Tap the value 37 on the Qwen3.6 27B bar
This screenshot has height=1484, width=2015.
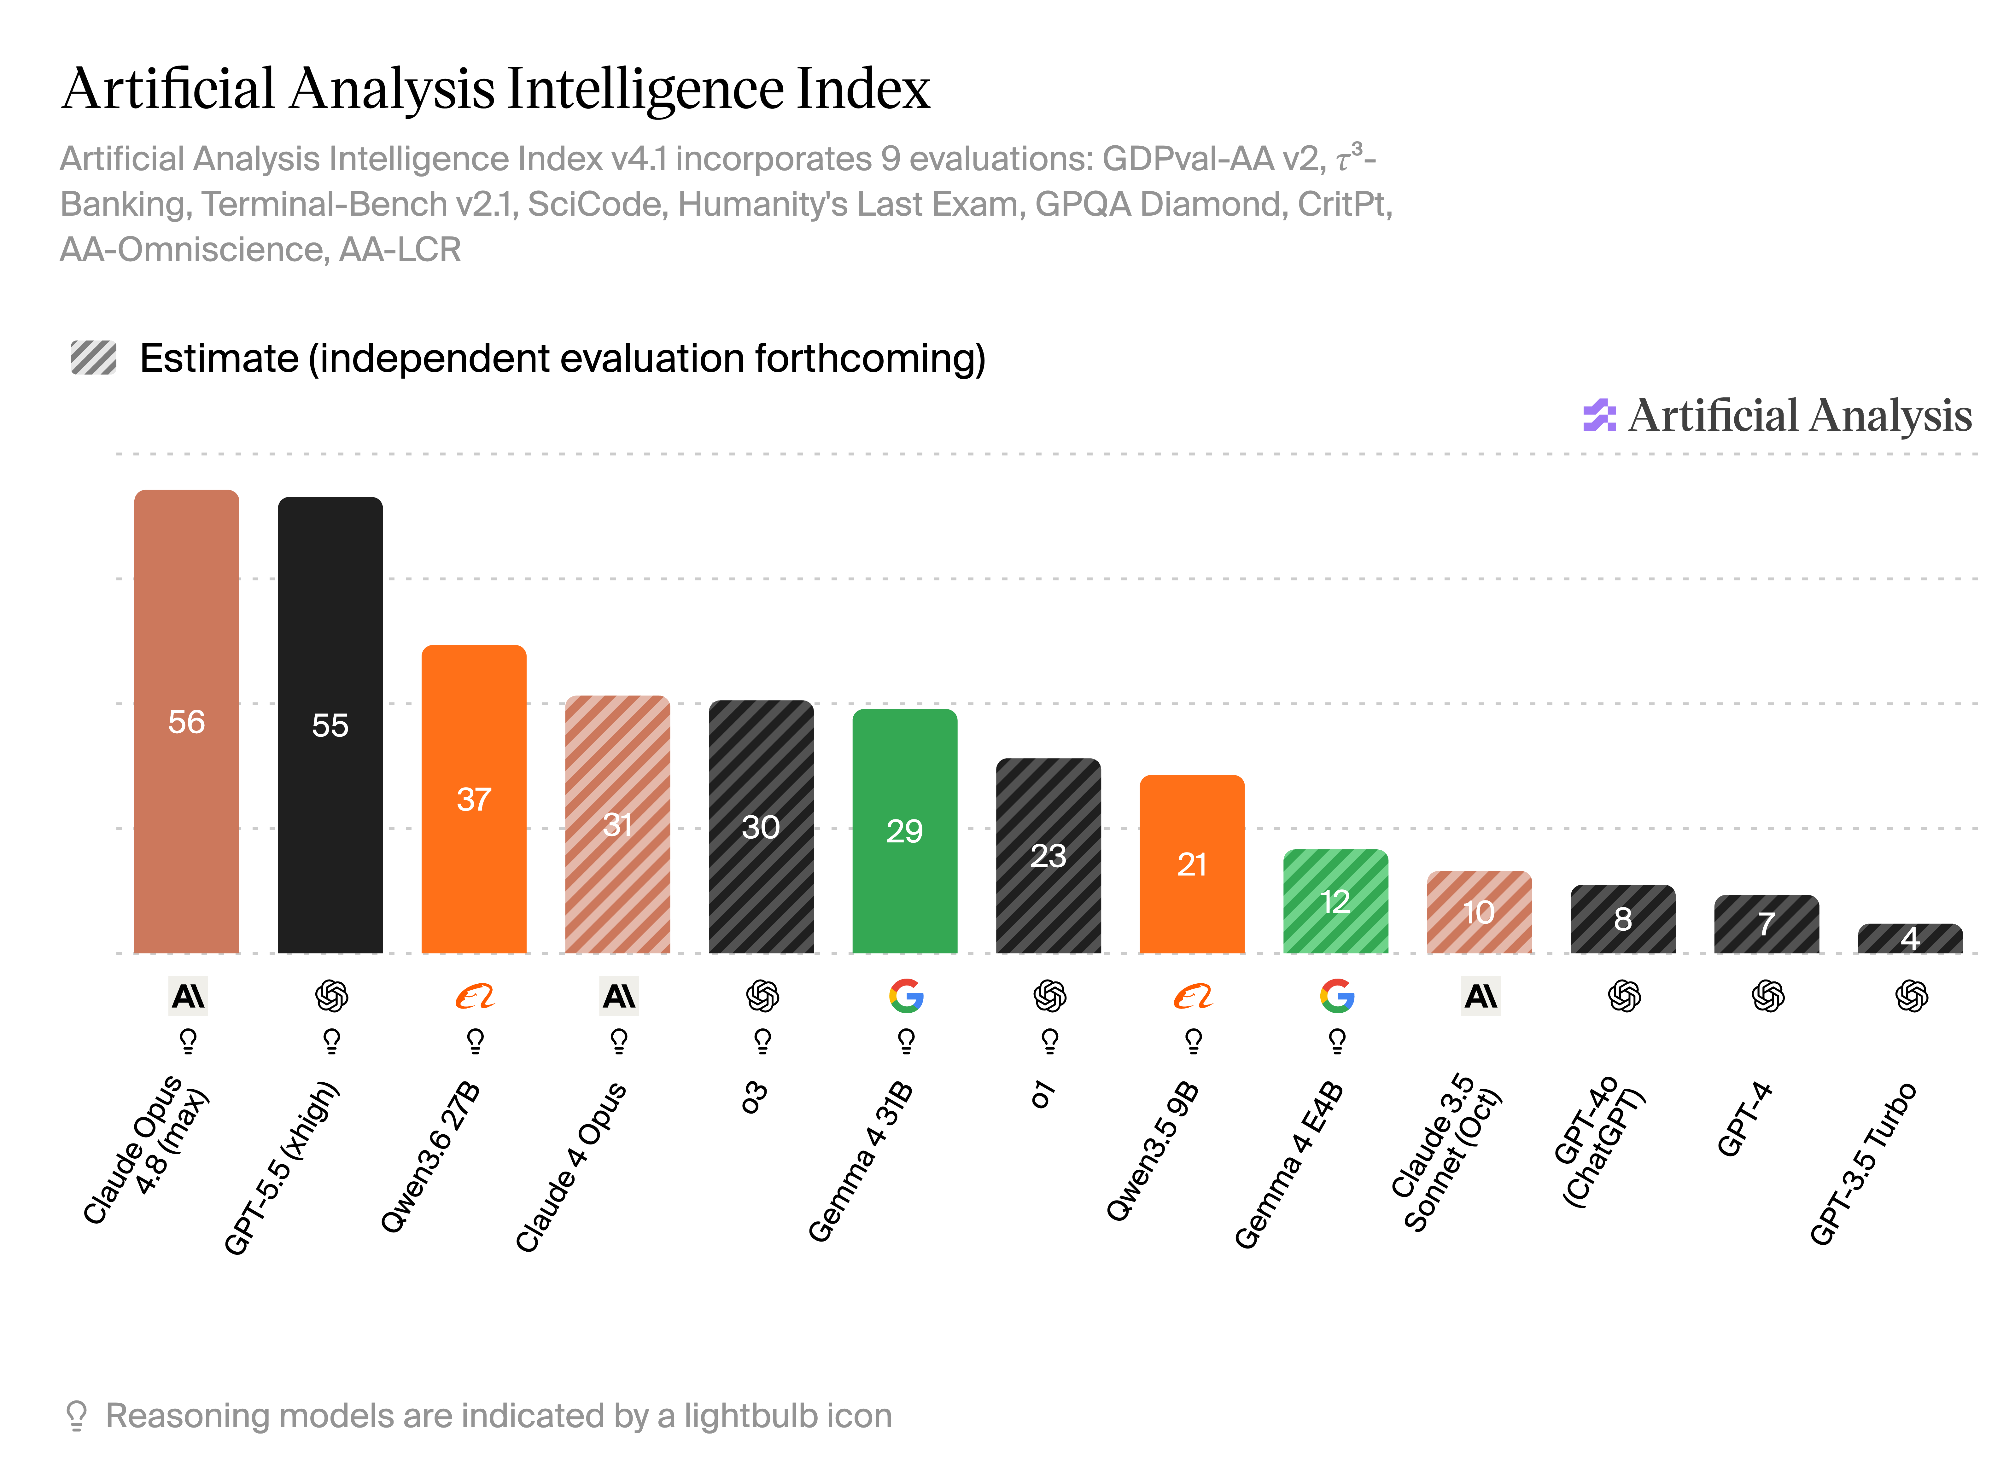coord(474,799)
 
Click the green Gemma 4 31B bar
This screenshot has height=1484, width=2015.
coord(905,831)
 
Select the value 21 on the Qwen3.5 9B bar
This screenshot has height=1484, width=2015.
coord(1192,864)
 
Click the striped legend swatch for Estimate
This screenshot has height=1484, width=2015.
coord(93,358)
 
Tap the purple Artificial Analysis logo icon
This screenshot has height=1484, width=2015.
coord(1599,415)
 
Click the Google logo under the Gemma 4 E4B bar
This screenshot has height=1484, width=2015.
coord(1337,995)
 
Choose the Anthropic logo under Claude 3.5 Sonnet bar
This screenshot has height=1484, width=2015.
coord(1481,995)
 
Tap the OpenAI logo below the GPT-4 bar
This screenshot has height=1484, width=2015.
coord(1768,995)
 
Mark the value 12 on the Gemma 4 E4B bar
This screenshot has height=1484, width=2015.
coord(1336,901)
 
